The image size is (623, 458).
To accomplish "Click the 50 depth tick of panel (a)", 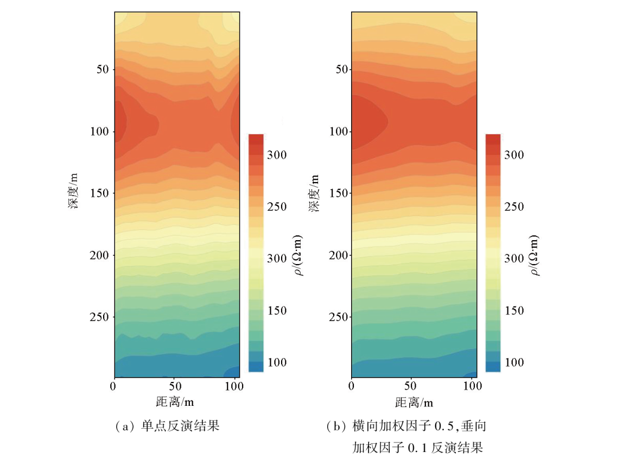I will click(103, 70).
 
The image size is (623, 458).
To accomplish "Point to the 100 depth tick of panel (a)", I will click(101, 131).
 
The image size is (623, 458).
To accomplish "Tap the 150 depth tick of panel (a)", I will click(101, 193).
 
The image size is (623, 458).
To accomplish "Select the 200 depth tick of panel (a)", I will click(101, 255).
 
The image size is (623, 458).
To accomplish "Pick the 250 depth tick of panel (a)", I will click(101, 317).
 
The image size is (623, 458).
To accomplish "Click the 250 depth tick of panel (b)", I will click(338, 317).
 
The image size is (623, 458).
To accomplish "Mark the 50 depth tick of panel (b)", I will click(340, 70).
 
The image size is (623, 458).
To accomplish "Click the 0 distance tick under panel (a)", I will click(114, 387).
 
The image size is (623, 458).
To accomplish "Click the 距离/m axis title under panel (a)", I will click(175, 402).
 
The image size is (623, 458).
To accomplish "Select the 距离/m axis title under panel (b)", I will click(414, 402).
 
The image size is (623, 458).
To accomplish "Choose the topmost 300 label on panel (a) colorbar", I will click(276, 155).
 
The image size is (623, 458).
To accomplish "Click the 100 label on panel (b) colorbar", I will click(513, 362).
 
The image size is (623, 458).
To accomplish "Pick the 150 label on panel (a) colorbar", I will click(276, 311).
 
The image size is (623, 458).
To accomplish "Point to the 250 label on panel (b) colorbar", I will click(513, 207).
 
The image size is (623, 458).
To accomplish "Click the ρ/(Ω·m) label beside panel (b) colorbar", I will click(538, 255).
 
